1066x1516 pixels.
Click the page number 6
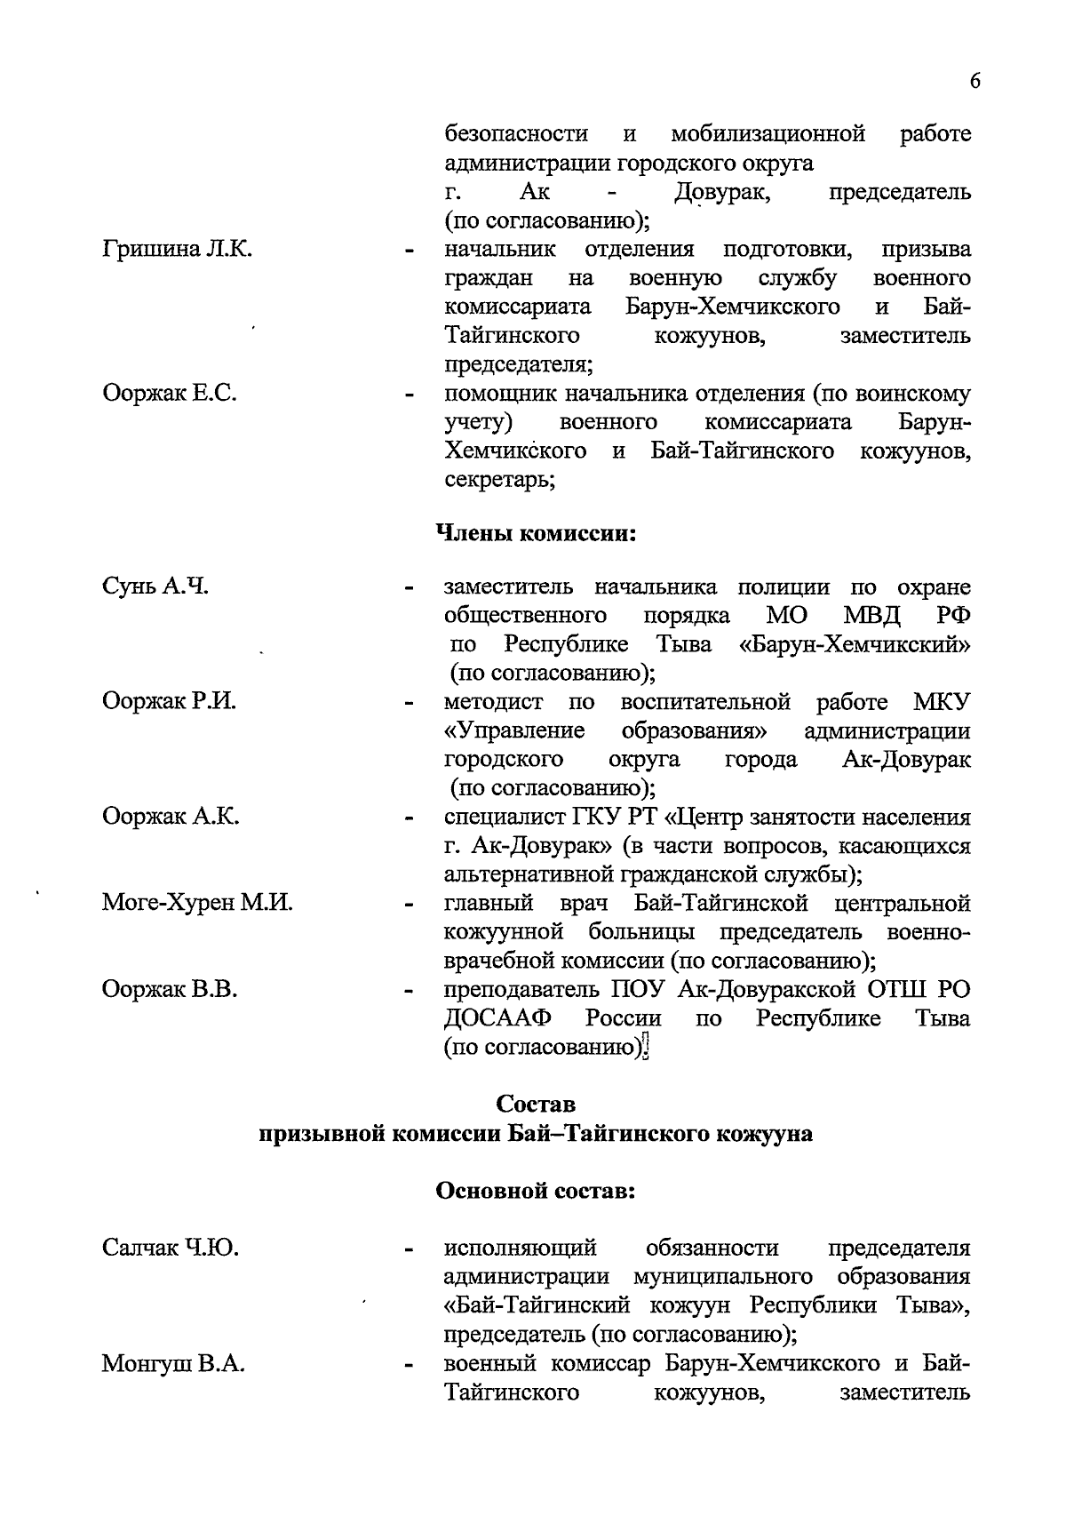[x=975, y=81]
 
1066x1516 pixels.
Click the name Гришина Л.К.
[x=178, y=250]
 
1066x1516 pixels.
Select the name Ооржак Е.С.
[x=170, y=394]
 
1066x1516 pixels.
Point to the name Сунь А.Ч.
[x=155, y=586]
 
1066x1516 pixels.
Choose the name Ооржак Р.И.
[x=169, y=702]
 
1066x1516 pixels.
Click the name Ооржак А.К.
[x=171, y=817]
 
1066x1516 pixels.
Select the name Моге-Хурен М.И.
[x=197, y=904]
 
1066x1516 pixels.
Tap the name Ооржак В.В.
[x=170, y=989]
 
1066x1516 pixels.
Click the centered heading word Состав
[x=536, y=1105]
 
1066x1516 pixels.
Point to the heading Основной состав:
[x=536, y=1192]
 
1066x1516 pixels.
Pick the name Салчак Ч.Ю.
[x=171, y=1249]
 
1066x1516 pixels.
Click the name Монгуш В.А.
[x=173, y=1364]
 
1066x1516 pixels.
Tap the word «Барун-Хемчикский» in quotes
[x=855, y=644]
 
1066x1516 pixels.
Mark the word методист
[x=492, y=702]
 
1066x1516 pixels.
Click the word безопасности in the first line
[x=516, y=134]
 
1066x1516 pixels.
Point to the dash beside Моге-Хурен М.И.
[x=410, y=906]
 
